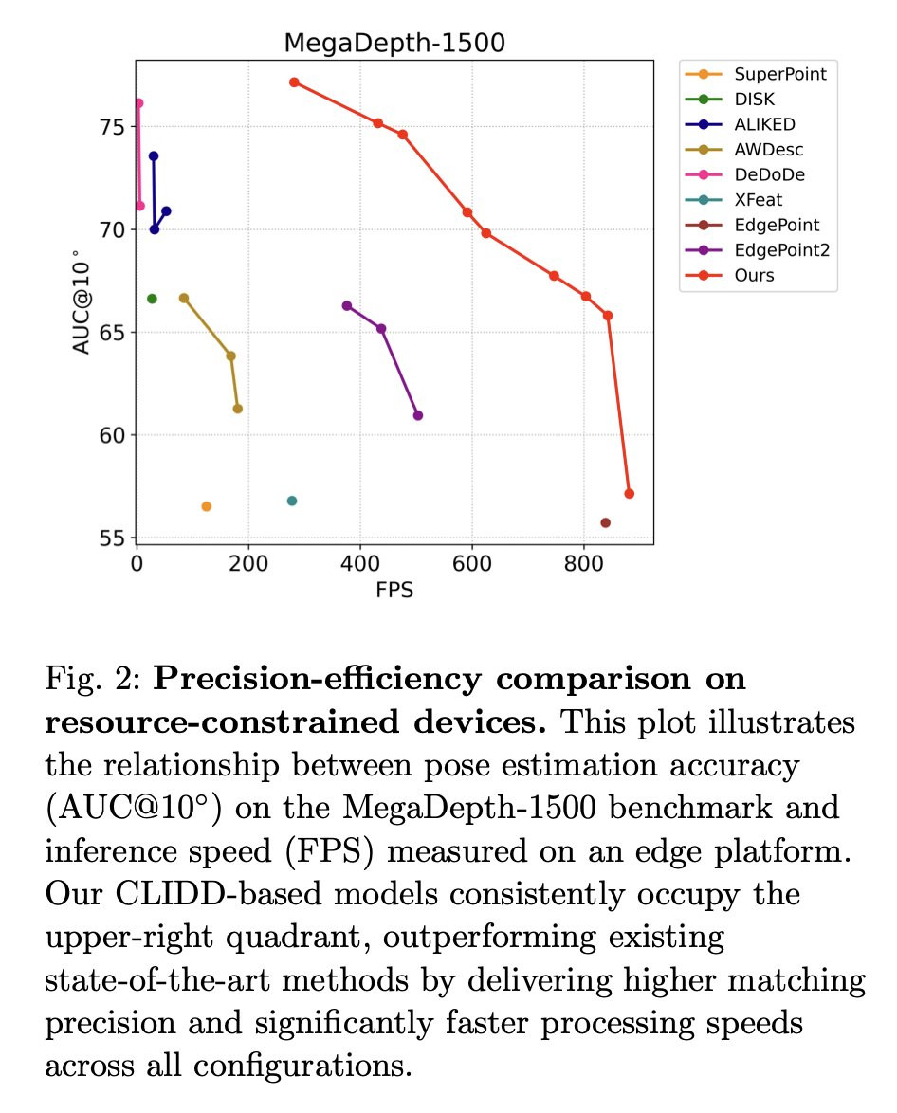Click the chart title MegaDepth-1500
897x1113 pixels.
pos(394,44)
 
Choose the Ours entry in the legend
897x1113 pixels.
pos(754,276)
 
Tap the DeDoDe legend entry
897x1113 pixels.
pos(770,174)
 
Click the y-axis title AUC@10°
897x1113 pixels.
pos(82,302)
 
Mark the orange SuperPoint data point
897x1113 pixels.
pos(206,506)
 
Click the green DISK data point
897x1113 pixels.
pos(152,299)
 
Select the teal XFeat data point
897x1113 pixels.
pos(292,501)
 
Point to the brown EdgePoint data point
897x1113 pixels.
pos(605,522)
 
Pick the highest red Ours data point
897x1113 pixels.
pos(294,82)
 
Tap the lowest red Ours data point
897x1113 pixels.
pos(629,493)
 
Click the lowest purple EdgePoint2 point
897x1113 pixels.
pos(418,415)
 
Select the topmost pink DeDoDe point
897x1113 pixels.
pos(138,102)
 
